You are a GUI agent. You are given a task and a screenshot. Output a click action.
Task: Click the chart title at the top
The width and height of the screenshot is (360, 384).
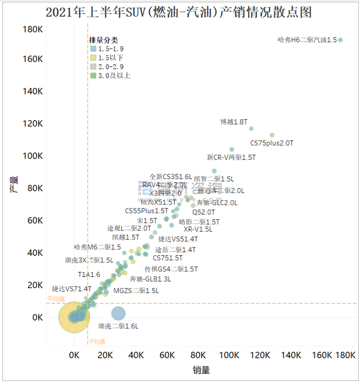[180, 11]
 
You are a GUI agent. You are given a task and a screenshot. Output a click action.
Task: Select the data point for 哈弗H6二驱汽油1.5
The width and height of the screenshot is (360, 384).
[341, 40]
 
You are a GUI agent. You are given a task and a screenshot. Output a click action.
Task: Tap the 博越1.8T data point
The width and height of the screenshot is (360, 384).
[252, 129]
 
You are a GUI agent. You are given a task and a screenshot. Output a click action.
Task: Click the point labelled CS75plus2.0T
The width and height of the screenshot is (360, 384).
[272, 135]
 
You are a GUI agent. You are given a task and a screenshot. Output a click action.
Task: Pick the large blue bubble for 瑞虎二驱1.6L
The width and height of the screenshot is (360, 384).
[119, 313]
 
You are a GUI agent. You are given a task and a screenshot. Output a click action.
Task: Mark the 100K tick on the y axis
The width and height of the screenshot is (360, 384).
[33, 156]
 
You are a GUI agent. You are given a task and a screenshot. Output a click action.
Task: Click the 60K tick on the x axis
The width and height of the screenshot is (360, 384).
[167, 355]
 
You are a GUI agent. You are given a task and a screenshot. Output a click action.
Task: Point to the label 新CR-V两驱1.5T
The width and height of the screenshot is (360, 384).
[231, 158]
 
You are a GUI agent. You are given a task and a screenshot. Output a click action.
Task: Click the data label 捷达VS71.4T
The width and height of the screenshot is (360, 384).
[71, 288]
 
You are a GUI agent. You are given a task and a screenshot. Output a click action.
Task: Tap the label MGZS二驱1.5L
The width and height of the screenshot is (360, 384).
[136, 291]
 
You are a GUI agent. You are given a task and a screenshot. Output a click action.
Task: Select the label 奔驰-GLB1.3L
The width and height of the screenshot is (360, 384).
[150, 279]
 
